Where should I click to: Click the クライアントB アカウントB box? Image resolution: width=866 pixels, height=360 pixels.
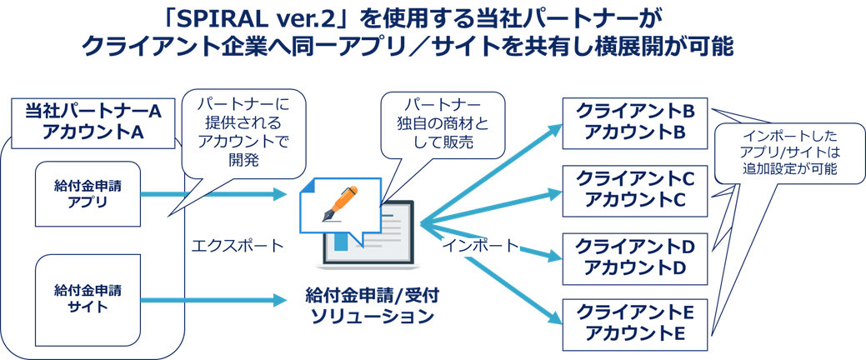(x=635, y=122)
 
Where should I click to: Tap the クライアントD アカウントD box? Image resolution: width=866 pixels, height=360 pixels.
(x=635, y=257)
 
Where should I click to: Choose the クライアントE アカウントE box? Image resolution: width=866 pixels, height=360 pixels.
(x=635, y=324)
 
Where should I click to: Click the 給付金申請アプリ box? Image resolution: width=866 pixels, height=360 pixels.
(x=88, y=193)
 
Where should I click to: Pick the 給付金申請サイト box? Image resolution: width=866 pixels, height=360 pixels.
(x=88, y=298)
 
